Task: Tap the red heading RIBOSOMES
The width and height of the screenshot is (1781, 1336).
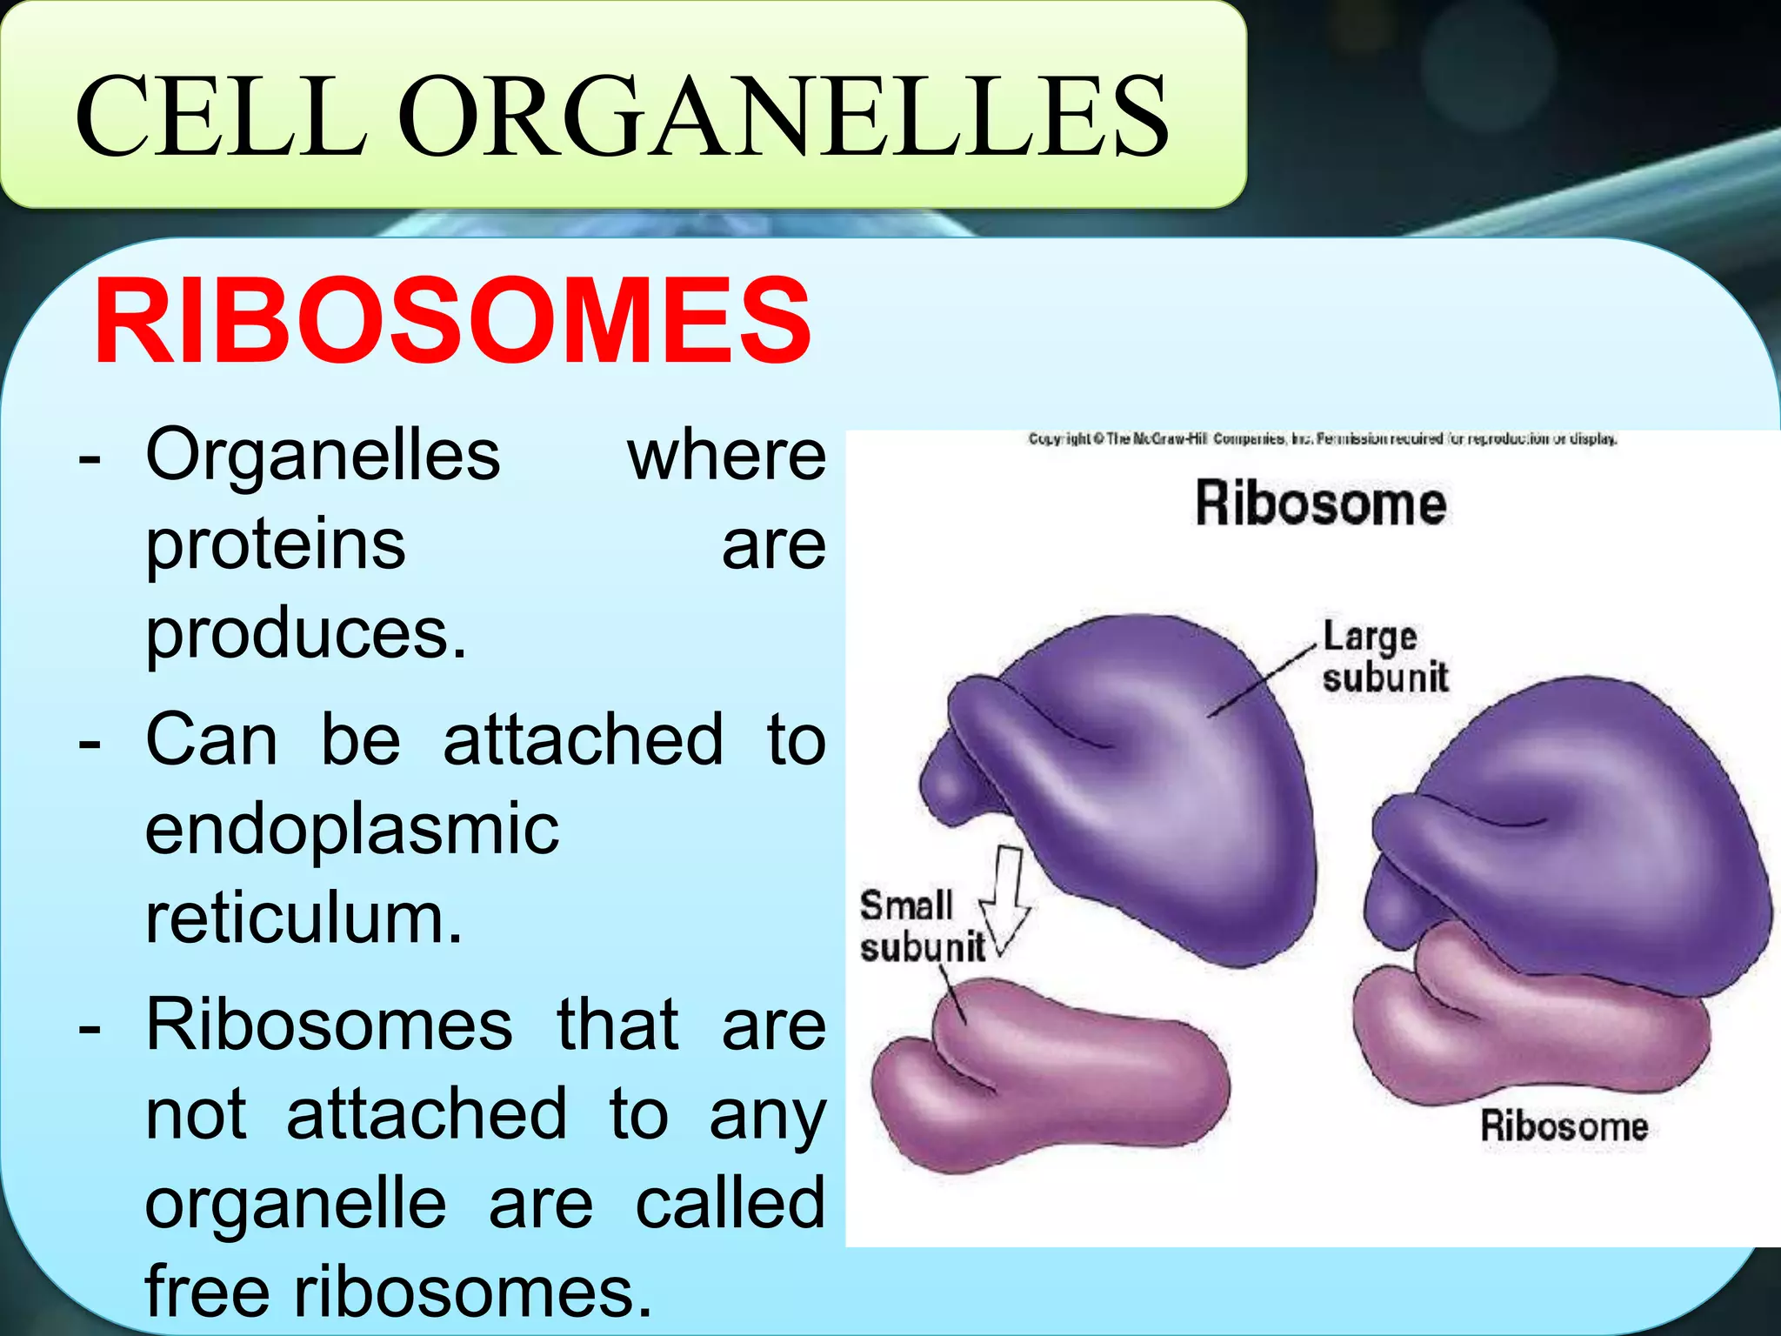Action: click(452, 322)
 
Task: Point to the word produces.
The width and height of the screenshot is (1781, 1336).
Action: click(305, 635)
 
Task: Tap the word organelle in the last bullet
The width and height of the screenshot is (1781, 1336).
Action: click(296, 1205)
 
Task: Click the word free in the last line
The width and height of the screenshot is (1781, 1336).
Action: click(208, 1292)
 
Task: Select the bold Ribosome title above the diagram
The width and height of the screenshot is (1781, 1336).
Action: click(1320, 504)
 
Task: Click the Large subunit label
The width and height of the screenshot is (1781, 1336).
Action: click(1384, 658)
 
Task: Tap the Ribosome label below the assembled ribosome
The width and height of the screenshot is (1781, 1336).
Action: click(1564, 1126)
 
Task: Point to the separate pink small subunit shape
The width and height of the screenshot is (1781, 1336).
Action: click(1052, 1079)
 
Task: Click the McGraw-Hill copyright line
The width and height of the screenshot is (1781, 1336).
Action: click(1322, 439)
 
